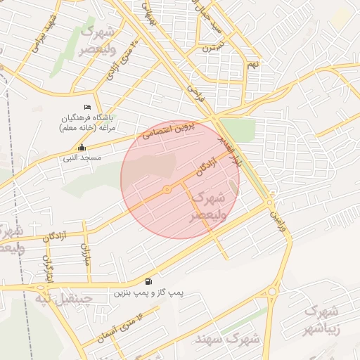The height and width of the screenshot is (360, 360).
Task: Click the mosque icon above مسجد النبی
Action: pos(82,148)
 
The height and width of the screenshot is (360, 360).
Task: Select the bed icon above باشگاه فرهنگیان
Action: pos(87,107)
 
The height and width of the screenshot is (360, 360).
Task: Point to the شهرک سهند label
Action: pos(238,338)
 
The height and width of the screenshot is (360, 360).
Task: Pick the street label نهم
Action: pos(252,65)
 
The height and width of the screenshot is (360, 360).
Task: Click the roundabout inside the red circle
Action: pos(167,190)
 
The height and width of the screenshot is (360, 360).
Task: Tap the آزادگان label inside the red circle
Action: pos(205,167)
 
